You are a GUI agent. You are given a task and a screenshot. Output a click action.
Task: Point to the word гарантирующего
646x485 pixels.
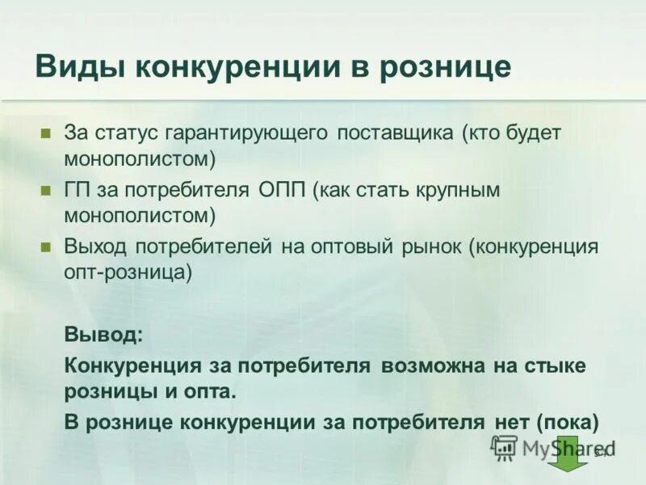(248, 133)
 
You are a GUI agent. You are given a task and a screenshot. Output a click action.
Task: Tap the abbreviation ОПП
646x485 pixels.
(282, 191)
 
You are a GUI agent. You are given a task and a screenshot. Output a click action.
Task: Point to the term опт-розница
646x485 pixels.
(128, 272)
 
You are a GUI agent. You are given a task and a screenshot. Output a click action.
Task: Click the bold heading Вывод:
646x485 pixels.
(103, 333)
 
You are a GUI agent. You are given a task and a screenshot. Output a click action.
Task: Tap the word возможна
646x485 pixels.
(432, 365)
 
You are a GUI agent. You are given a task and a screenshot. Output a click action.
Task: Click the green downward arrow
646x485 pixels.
(568, 454)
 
